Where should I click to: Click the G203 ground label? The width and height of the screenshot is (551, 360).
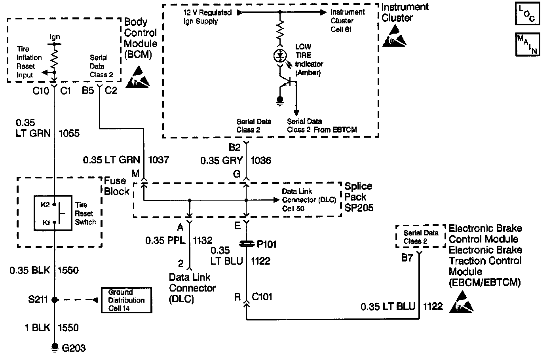point(74,348)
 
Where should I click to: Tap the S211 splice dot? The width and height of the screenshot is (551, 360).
point(55,299)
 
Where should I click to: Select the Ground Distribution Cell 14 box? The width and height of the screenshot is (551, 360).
point(126,300)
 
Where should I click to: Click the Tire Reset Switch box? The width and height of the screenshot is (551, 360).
point(53,213)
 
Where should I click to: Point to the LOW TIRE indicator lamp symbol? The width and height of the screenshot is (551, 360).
point(280,56)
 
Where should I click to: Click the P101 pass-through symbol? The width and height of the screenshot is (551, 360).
point(247,244)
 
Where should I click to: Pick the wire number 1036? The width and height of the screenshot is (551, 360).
point(261,161)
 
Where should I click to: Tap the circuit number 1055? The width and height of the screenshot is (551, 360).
point(69,133)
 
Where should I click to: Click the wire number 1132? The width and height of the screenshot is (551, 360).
point(202,240)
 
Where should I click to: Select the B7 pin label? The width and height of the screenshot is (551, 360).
point(407,258)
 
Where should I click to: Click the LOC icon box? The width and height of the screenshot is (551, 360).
point(526,13)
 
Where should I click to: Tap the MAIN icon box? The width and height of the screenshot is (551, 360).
point(527,44)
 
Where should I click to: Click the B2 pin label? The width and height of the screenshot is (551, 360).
point(234,148)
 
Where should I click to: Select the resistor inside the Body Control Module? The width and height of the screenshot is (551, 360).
point(55,56)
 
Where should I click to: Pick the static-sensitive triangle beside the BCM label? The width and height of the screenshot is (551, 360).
point(138,76)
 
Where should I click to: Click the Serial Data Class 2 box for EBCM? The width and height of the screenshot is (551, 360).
point(421,237)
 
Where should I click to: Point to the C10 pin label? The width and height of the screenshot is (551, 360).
point(41,91)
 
